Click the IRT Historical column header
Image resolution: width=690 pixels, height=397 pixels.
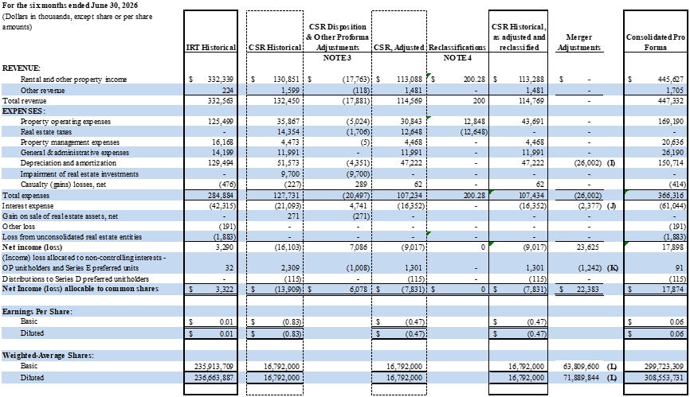click(x=211, y=48)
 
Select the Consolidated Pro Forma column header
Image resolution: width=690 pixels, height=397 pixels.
click(x=656, y=42)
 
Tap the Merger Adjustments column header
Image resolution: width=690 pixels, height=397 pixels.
click(x=578, y=42)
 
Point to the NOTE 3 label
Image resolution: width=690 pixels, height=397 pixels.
click(x=337, y=58)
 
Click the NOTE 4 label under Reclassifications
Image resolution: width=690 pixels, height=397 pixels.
click(x=457, y=58)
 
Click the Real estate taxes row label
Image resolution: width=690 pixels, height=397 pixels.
click(x=45, y=132)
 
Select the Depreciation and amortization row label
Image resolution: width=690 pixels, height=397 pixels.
click(x=69, y=163)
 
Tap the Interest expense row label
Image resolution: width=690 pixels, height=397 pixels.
click(x=28, y=206)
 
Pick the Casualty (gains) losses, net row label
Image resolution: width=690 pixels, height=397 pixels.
click(x=63, y=185)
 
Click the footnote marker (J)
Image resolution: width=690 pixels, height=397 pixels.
click(x=611, y=206)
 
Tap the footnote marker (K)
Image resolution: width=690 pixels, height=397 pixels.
click(x=612, y=268)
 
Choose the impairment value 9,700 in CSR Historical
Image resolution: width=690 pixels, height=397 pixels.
click(x=291, y=174)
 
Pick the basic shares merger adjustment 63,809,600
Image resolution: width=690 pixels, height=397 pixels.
click(x=581, y=366)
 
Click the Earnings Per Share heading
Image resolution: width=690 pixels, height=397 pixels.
click(x=37, y=311)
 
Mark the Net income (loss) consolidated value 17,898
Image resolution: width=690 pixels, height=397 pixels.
click(x=673, y=247)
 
